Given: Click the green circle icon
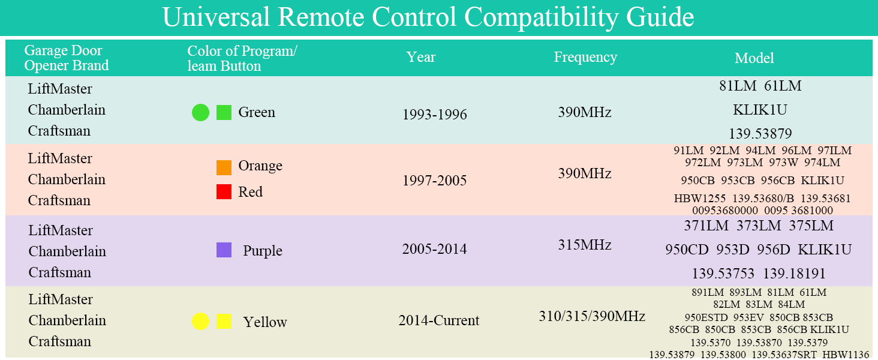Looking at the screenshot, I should (x=200, y=112).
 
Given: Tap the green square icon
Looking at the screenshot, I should (x=224, y=112).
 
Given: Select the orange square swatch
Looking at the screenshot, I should (x=224, y=167).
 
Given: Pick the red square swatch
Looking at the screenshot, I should (x=224, y=192).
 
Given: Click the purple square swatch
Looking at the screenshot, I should (x=224, y=250).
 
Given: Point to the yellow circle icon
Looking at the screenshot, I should (x=200, y=322).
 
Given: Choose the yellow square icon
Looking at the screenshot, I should (x=224, y=322).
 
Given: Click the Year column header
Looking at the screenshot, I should (x=421, y=57).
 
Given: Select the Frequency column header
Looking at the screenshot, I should (x=585, y=57).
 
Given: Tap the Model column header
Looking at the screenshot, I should (x=754, y=58).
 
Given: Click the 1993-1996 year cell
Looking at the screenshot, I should (x=435, y=115).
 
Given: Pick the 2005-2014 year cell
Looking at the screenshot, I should (x=435, y=249).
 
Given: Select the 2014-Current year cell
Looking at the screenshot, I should (x=439, y=320).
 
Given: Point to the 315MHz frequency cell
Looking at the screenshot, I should (x=585, y=245).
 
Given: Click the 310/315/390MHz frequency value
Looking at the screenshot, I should (x=592, y=316).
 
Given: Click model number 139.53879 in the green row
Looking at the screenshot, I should (x=760, y=133).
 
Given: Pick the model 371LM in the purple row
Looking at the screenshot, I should (x=706, y=226).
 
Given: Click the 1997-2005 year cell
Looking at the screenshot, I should (x=435, y=181).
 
